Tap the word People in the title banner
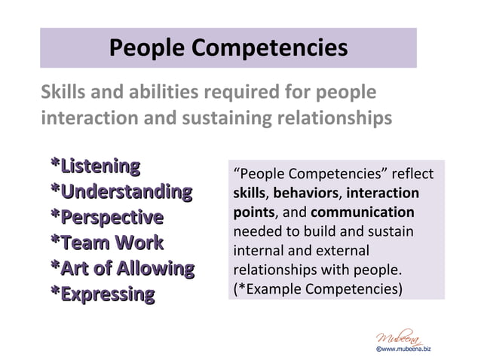coord(147,47)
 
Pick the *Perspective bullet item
coord(106,218)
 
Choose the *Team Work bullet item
coord(106,243)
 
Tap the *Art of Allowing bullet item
coord(121,268)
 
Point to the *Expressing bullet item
coord(102,294)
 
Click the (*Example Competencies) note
coord(317,288)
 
